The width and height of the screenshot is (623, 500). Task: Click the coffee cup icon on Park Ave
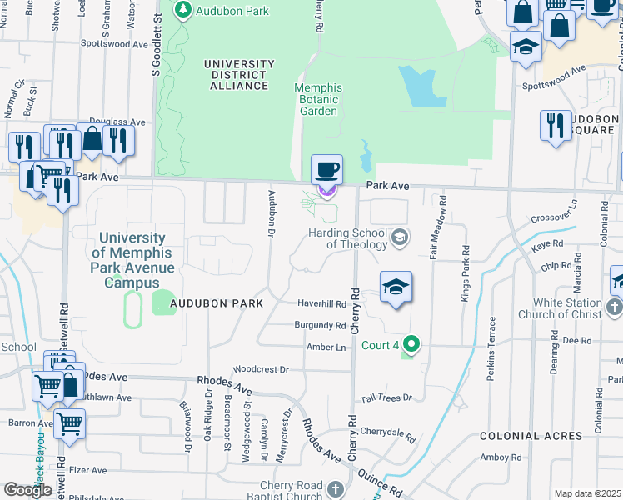(326, 170)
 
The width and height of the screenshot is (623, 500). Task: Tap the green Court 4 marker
(410, 342)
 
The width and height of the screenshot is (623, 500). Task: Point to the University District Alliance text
(240, 75)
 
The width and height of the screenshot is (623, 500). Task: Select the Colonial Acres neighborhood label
(531, 436)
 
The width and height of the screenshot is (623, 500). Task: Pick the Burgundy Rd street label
(320, 325)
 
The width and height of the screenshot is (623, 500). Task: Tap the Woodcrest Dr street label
(261, 368)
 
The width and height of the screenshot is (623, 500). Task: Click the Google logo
(27, 490)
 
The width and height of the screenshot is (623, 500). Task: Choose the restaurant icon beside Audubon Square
(556, 126)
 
